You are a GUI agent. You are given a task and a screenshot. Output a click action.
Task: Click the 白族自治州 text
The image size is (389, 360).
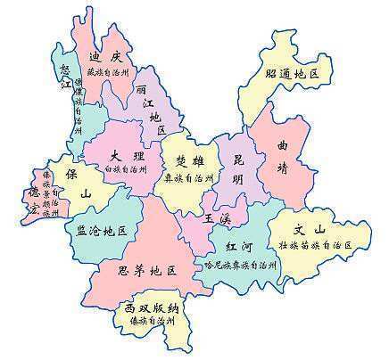coord(125,168)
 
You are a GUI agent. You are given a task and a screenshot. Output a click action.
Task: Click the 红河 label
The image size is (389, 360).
coord(238,245)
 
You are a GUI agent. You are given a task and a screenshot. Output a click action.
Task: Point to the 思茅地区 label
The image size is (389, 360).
coord(148,268)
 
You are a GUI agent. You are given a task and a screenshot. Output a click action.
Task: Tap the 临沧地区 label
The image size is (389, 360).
coord(102,231)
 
